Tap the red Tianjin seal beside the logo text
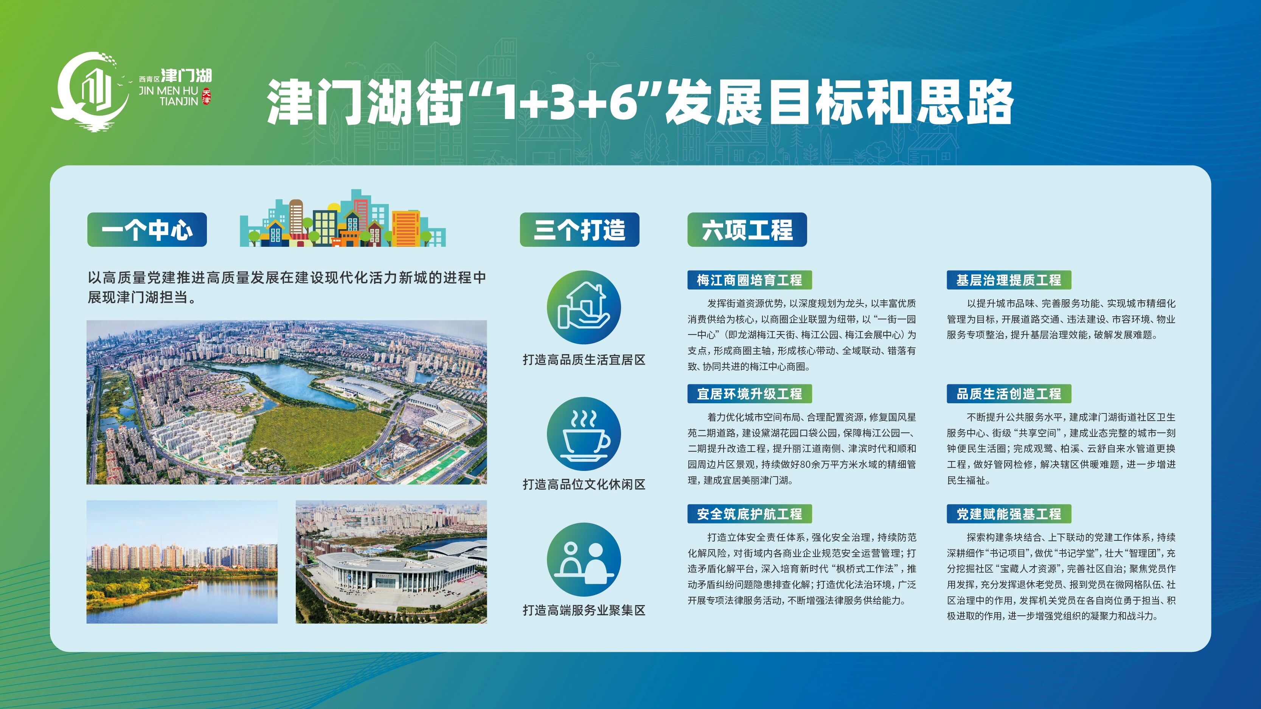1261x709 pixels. (x=207, y=96)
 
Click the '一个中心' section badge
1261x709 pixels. (x=147, y=229)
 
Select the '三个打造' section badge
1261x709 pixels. (x=579, y=229)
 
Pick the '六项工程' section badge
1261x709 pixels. (x=747, y=229)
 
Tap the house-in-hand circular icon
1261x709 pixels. (x=584, y=308)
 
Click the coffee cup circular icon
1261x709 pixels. (x=584, y=434)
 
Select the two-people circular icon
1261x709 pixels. (x=584, y=560)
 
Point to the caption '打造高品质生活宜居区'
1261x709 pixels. (x=584, y=360)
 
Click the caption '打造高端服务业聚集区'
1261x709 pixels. (x=584, y=610)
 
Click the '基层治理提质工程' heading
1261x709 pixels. (x=1009, y=280)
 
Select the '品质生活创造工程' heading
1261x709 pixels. (x=1009, y=393)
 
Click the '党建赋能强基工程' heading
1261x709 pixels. (x=1009, y=514)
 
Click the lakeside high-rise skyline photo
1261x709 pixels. (x=182, y=562)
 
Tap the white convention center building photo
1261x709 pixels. (x=391, y=562)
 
